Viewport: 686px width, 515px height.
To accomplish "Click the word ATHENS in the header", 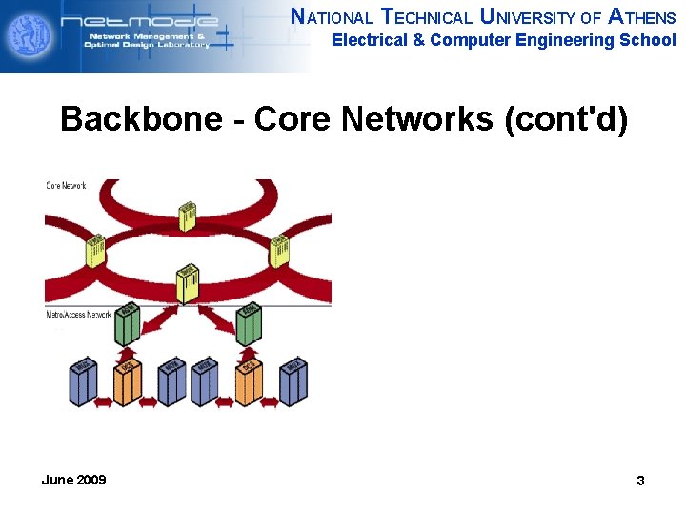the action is click(642, 16).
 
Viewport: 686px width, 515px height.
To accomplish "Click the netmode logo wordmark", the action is click(138, 22).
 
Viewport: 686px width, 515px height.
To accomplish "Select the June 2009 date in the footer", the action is click(74, 480).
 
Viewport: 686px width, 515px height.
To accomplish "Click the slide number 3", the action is click(640, 481).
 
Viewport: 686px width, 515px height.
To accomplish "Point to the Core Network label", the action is click(67, 185).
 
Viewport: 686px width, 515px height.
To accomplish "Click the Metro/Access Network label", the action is click(79, 314).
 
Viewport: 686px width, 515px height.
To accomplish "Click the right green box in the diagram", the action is click(248, 324).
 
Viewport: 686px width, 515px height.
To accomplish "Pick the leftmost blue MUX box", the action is click(84, 381).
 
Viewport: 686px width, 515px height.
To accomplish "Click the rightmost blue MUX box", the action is click(293, 381).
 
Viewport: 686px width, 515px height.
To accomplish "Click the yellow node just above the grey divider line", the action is click(188, 284).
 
